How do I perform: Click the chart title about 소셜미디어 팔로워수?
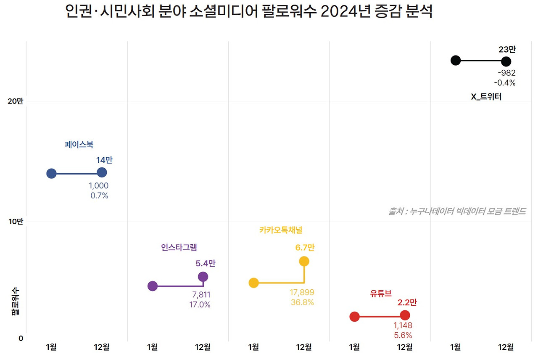[x=249, y=12]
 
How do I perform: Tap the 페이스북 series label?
[x=79, y=145]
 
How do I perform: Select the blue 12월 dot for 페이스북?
[x=102, y=172]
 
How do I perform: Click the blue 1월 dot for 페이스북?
[x=51, y=173]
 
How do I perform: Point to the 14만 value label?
[x=104, y=160]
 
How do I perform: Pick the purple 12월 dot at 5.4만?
[x=203, y=276]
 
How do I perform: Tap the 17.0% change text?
[x=200, y=304]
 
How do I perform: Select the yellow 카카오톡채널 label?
[x=281, y=230]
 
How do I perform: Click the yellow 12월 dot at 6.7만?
[x=304, y=261]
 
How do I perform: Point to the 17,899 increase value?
[x=302, y=292]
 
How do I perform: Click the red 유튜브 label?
[x=381, y=294]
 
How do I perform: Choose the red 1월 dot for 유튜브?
[x=354, y=317]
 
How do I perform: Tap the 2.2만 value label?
[x=407, y=302]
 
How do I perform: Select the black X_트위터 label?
[x=486, y=97]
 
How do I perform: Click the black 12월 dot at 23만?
[x=506, y=61]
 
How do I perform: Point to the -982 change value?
[x=506, y=73]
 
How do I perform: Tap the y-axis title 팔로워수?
[x=15, y=301]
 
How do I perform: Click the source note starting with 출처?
[x=457, y=211]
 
